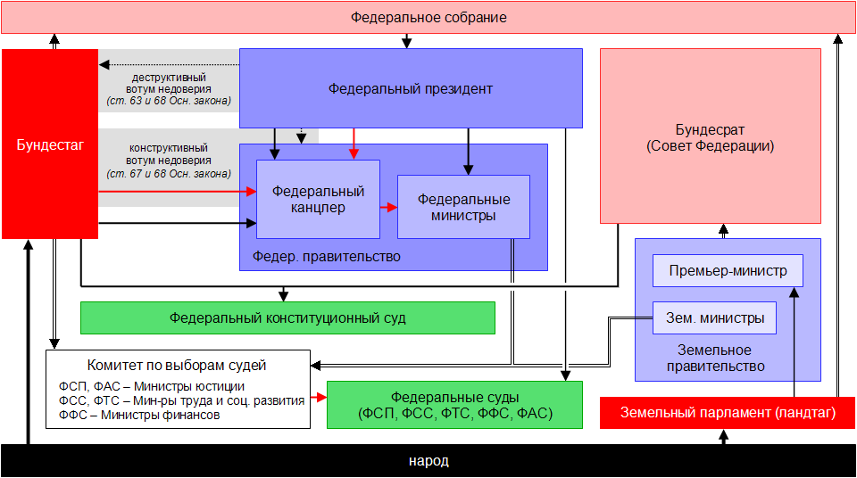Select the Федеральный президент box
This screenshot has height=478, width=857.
click(411, 88)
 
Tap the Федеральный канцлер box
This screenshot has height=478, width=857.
click(318, 199)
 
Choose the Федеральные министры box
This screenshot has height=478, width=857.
click(463, 207)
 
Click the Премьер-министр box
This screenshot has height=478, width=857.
click(728, 271)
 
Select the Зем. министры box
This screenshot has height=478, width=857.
click(714, 317)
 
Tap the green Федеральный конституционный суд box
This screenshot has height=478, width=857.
click(287, 317)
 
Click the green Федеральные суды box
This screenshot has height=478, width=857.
click(454, 405)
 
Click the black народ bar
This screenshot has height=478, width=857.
click(428, 461)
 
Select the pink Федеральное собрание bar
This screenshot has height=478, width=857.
click(428, 18)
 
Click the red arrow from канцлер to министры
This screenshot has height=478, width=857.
click(388, 207)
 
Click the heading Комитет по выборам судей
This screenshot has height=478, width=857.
click(177, 365)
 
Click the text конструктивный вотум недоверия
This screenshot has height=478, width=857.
click(169, 153)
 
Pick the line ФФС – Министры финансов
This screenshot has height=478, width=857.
click(137, 414)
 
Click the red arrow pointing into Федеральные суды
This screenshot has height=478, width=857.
click(317, 395)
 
